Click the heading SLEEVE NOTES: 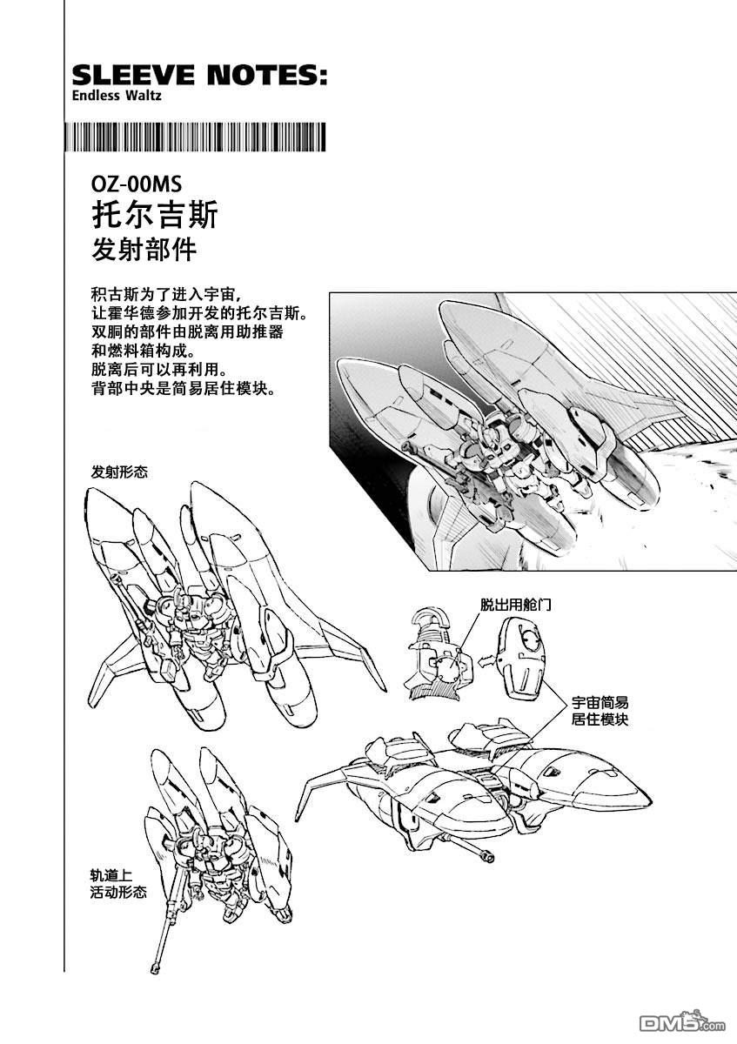[199, 75]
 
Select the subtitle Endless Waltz [117, 96]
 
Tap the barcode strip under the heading [195, 137]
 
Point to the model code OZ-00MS [137, 185]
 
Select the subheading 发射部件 [144, 250]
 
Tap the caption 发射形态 [119, 472]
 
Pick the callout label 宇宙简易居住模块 [600, 711]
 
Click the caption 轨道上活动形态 [118, 884]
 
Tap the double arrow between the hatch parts [486, 659]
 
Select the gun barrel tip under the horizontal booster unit [488, 856]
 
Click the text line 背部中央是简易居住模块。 [184, 388]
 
